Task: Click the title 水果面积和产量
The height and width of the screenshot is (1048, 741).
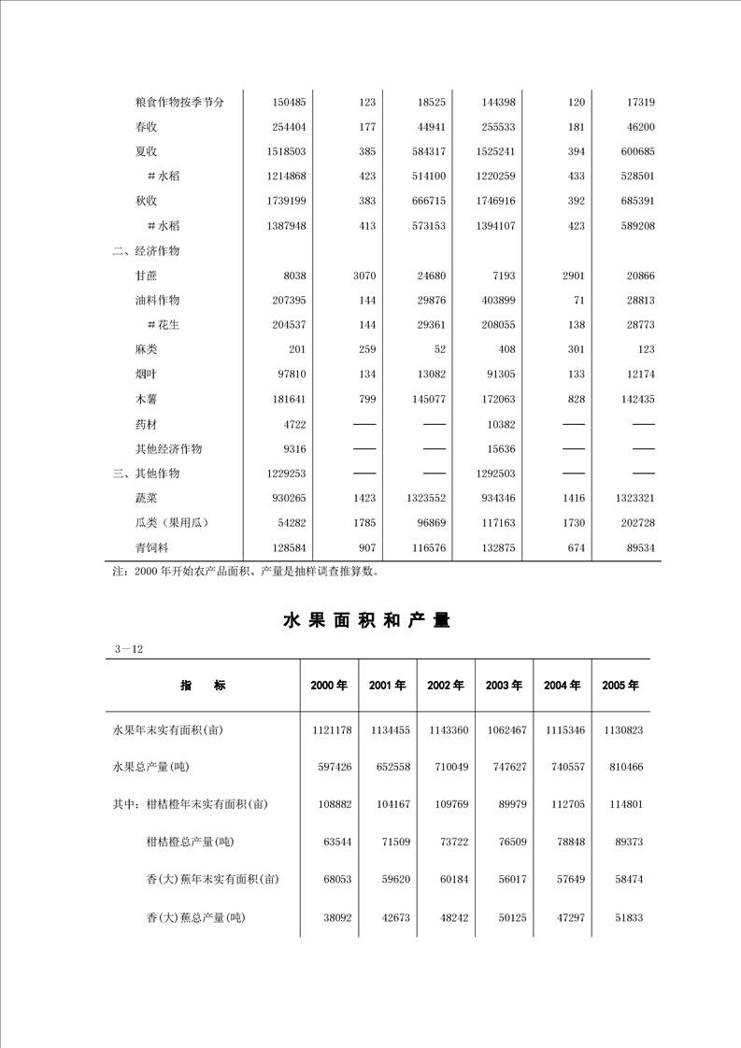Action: tap(366, 620)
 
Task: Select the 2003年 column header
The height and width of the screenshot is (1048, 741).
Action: tap(504, 686)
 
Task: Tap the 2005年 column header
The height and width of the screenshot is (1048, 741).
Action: tap(620, 686)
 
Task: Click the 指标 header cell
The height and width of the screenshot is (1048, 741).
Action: tap(203, 686)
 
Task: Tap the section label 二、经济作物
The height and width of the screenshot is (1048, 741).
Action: tap(146, 251)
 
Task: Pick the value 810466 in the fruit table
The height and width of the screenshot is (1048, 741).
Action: tap(621, 767)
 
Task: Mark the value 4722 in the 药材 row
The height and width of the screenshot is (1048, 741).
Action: tap(294, 424)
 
